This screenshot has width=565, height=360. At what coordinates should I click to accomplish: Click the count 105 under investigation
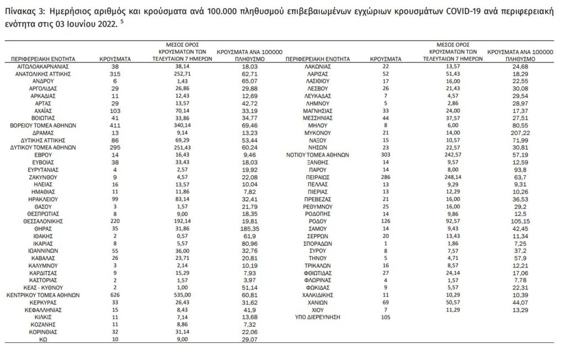[385, 317]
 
